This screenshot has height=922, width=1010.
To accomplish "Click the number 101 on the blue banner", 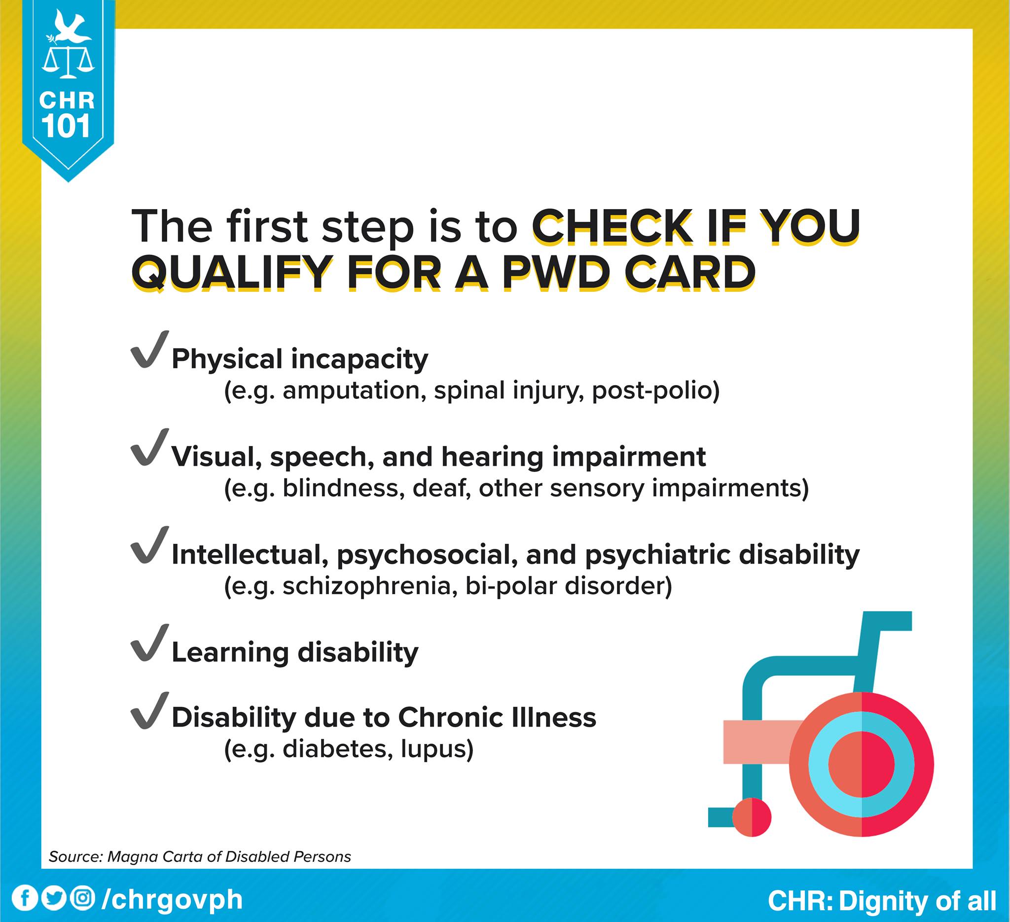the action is pos(66,126).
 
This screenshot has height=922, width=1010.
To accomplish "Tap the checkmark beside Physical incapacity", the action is pos(149,350).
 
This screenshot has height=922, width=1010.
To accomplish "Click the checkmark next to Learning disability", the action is pos(149,643).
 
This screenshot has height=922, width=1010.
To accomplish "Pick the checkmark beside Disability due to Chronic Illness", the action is pos(149,710).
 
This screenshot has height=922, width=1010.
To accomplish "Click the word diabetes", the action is pos(338,749).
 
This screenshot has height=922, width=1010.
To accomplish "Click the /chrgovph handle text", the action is pos(172,899).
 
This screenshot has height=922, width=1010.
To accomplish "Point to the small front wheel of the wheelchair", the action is pos(752,817).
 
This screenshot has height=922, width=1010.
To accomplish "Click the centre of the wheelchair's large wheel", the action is pos(861,764).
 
